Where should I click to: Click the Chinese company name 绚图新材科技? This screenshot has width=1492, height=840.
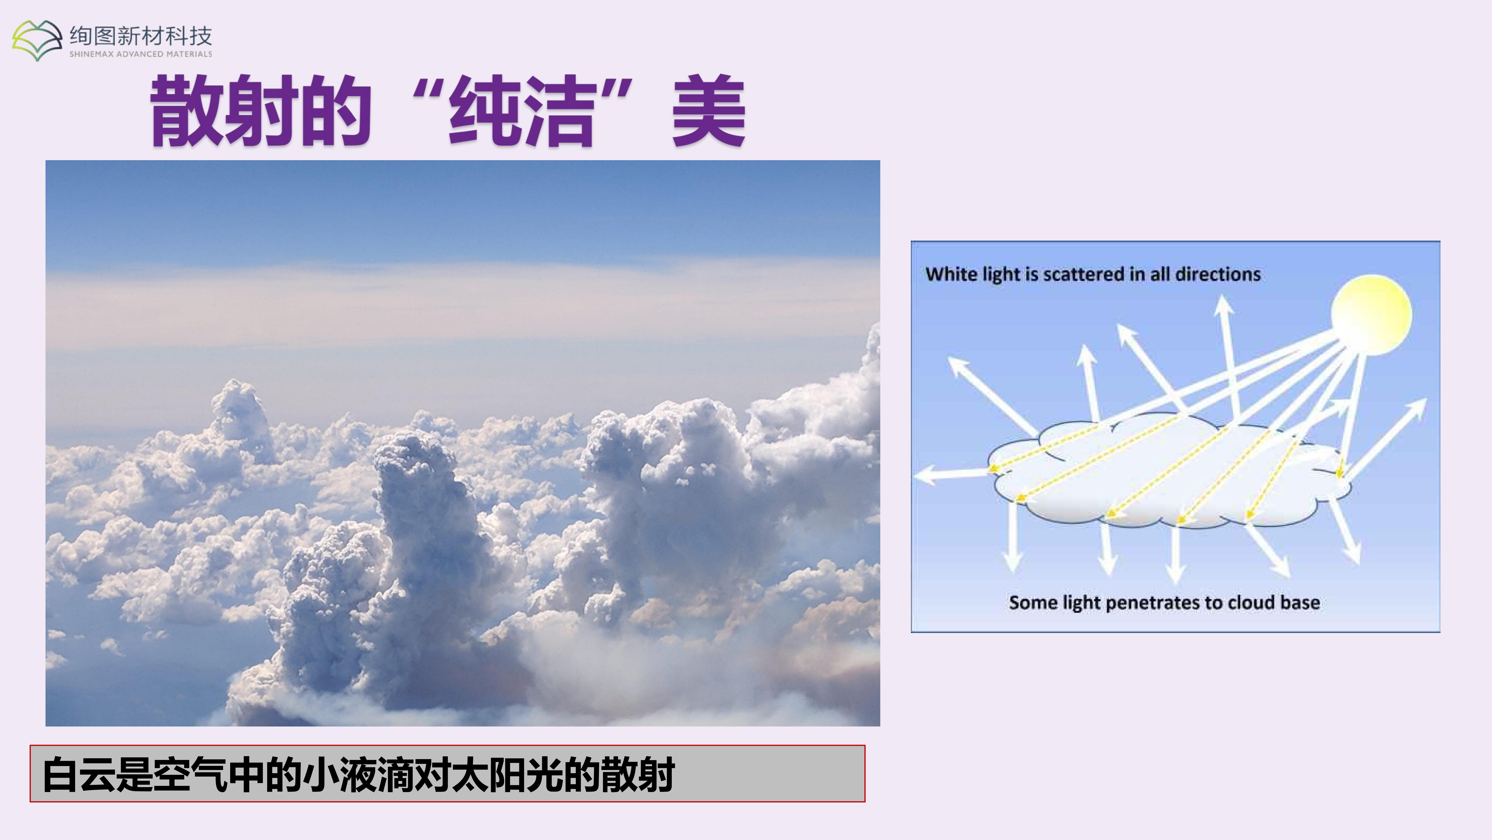pos(141,36)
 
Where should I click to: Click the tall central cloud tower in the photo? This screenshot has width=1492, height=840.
pos(417,522)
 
